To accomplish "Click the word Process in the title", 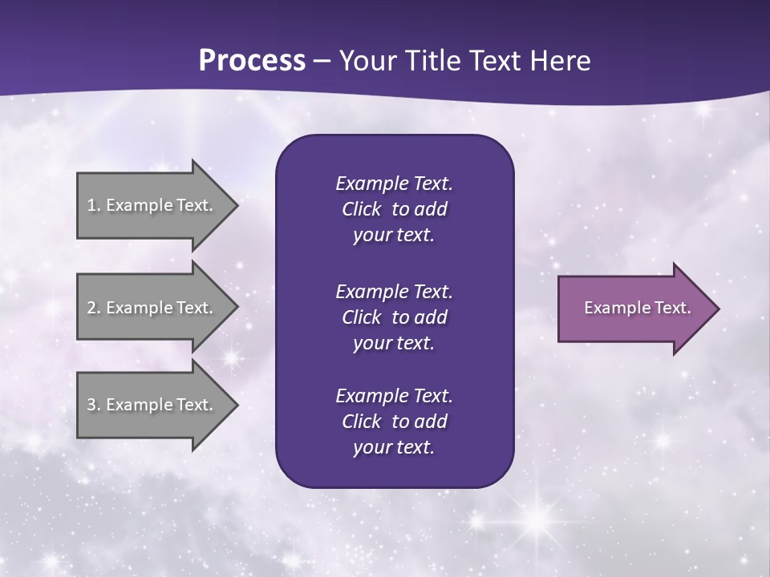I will pos(252,61).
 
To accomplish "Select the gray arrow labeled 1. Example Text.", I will pos(152,205).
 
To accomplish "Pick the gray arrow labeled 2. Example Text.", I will pos(152,308).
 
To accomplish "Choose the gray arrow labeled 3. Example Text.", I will pos(152,405).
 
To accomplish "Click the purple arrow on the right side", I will pos(634,309).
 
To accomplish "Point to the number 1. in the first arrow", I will pos(93,205).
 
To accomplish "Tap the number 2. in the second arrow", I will pos(93,308).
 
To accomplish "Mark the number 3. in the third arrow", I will pos(93,405).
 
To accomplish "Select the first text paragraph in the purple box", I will pos(394,209).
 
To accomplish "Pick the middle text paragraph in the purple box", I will pos(394,317).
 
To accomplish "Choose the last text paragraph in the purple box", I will pos(394,422).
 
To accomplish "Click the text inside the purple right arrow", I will pos(637,308).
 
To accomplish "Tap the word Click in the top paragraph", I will pos(361,209).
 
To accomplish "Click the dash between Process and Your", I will pos(322,61).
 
